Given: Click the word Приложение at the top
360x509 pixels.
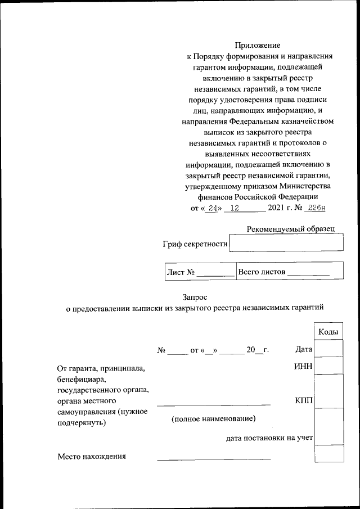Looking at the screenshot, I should pyautogui.click(x=258, y=45).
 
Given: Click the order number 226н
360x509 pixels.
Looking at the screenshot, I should pyautogui.click(x=314, y=208).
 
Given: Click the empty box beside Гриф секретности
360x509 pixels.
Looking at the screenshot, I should pyautogui.click(x=286, y=244).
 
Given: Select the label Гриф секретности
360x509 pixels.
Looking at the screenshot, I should pyautogui.click(x=195, y=244).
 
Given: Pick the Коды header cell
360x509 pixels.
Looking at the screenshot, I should pyautogui.click(x=328, y=332).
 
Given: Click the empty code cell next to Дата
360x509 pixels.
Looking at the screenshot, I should pyautogui.click(x=328, y=349).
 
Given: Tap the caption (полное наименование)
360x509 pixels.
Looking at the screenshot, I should pyautogui.click(x=214, y=419).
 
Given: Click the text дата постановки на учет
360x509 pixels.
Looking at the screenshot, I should pyautogui.click(x=269, y=437).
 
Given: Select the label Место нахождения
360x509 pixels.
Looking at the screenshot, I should pyautogui.click(x=91, y=456).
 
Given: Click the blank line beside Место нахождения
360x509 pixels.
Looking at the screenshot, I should pyautogui.click(x=214, y=459).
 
